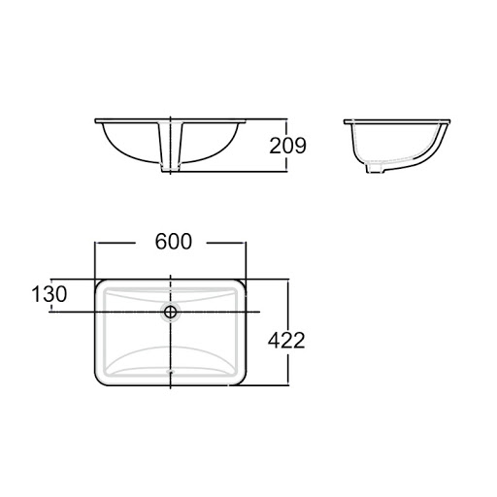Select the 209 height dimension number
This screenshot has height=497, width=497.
[287, 146]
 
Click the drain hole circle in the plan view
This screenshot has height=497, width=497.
[171, 312]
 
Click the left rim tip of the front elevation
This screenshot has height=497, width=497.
[97, 121]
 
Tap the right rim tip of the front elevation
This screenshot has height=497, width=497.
[246, 121]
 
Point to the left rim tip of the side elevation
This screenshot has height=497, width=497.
[346, 121]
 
